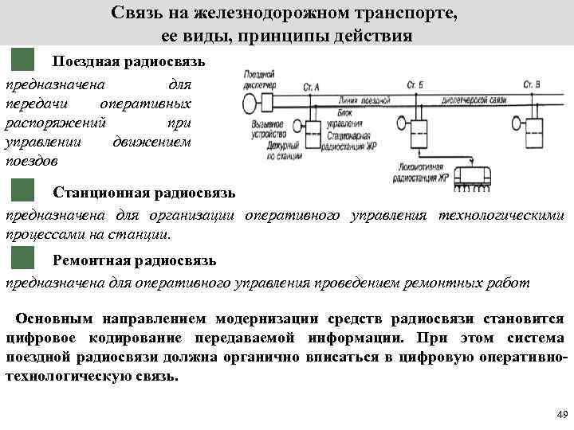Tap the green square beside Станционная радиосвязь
click(x=24, y=192)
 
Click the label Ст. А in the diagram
click(x=312, y=85)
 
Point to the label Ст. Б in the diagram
click(x=415, y=85)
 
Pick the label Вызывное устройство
click(x=267, y=129)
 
